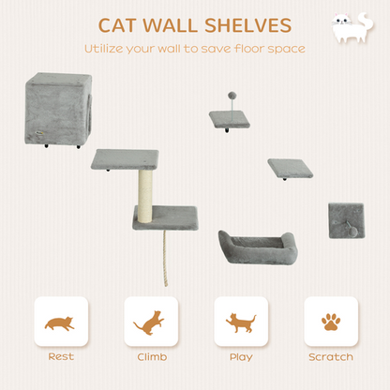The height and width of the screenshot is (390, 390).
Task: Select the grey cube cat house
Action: point(57,109)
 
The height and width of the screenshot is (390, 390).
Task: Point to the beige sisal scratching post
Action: point(145,195)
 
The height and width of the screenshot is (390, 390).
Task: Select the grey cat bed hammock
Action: point(256,250)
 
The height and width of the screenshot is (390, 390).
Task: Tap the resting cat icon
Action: point(60,323)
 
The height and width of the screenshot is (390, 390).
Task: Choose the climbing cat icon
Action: point(150,323)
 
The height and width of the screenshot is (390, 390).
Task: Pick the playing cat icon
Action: point(240,323)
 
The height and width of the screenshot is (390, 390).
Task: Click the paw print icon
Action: point(330,323)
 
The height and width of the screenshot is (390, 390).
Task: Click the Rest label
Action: point(60,357)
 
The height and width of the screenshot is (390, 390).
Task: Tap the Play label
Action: point(240,357)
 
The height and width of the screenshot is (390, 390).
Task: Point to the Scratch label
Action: point(330,357)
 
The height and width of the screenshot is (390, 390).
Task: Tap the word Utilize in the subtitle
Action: point(106,48)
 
